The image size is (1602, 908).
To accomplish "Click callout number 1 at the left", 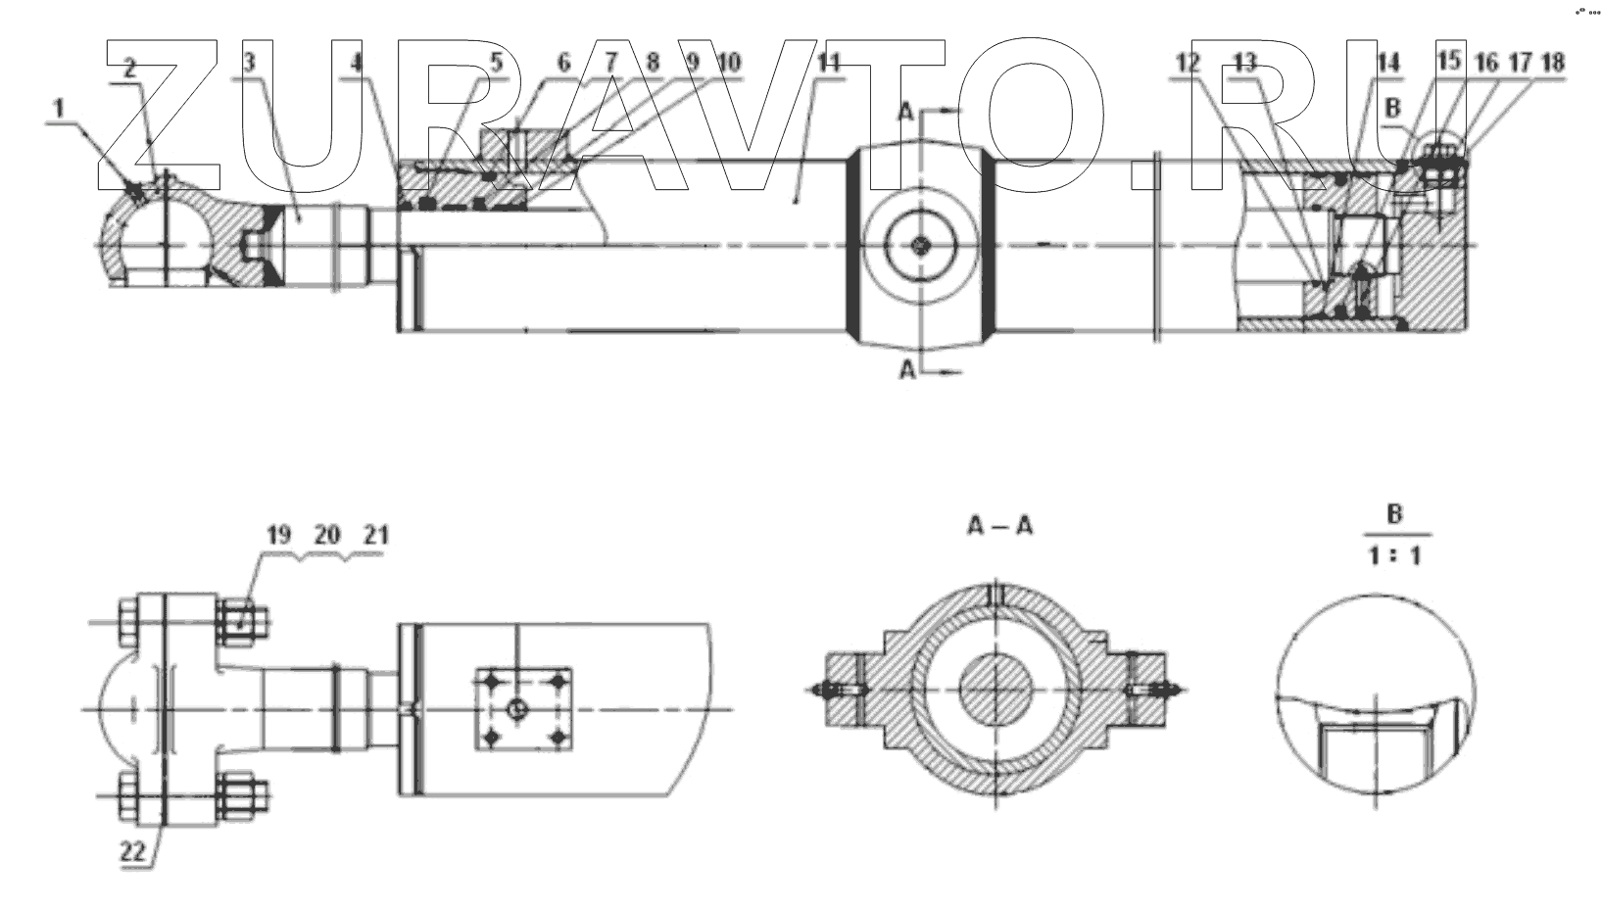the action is pyautogui.click(x=59, y=106).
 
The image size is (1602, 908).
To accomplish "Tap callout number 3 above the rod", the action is pyautogui.click(x=249, y=62).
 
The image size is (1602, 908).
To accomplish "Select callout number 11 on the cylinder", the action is pyautogui.click(x=829, y=62).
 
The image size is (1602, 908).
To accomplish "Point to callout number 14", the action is pyautogui.click(x=1387, y=62).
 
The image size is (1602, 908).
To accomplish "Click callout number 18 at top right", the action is pyautogui.click(x=1552, y=62).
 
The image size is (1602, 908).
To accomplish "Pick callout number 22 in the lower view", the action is pyautogui.click(x=132, y=852).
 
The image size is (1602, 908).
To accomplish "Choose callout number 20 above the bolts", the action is pyautogui.click(x=327, y=535).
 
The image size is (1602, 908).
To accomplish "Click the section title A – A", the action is pyautogui.click(x=999, y=526).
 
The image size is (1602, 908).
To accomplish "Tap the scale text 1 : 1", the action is pyautogui.click(x=1394, y=556).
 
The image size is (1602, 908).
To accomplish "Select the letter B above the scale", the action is pyautogui.click(x=1394, y=513).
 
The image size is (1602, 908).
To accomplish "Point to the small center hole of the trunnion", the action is pyautogui.click(x=920, y=246).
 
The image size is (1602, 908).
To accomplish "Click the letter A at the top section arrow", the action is pyautogui.click(x=906, y=113).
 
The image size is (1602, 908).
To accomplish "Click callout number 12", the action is pyautogui.click(x=1188, y=63).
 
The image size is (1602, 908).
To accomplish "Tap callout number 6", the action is pyautogui.click(x=564, y=63).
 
